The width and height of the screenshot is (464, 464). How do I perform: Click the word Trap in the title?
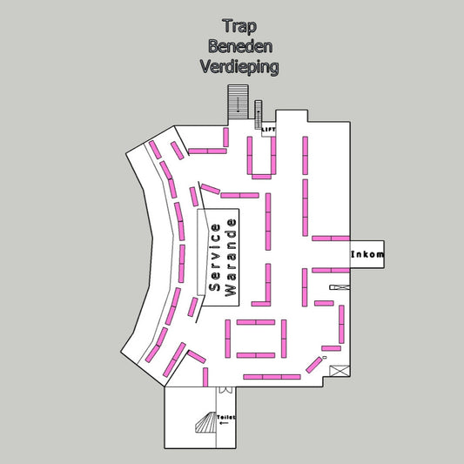pyautogui.click(x=239, y=26)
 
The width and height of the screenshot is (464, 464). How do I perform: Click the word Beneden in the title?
pyautogui.click(x=240, y=47)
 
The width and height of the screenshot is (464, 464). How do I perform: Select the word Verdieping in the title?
pyautogui.click(x=239, y=67)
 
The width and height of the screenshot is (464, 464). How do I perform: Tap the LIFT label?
pyautogui.click(x=269, y=130)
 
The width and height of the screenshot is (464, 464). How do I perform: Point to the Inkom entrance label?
pyautogui.click(x=367, y=254)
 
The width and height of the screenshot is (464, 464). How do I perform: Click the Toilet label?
pyautogui.click(x=226, y=417)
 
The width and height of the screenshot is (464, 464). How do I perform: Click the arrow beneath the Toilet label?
pyautogui.click(x=224, y=423)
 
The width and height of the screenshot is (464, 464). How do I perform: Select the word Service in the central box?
pyautogui.click(x=215, y=258)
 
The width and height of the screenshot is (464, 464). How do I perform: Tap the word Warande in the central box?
pyautogui.click(x=231, y=258)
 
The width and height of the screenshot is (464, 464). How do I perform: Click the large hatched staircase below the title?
pyautogui.click(x=238, y=102)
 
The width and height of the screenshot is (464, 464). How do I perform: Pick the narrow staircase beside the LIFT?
pyautogui.click(x=259, y=115)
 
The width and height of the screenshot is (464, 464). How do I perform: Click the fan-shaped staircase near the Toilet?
pyautogui.click(x=206, y=422)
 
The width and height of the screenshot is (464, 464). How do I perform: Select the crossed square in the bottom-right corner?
pyautogui.click(x=340, y=371)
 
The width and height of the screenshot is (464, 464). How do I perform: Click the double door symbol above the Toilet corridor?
pyautogui.click(x=225, y=390)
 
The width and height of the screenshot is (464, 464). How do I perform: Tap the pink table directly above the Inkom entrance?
pyautogui.click(x=331, y=239)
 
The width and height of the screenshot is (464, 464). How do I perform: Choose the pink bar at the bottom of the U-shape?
pyautogui.click(x=261, y=177)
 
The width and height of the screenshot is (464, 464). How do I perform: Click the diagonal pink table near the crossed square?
pyautogui.click(x=314, y=365)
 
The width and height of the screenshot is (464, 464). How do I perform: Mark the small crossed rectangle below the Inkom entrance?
pyautogui.click(x=340, y=287)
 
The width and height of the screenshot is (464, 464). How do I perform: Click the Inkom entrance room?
pyautogui.click(x=367, y=254)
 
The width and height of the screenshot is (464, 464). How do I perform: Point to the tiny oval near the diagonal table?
pyautogui.click(x=325, y=358)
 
